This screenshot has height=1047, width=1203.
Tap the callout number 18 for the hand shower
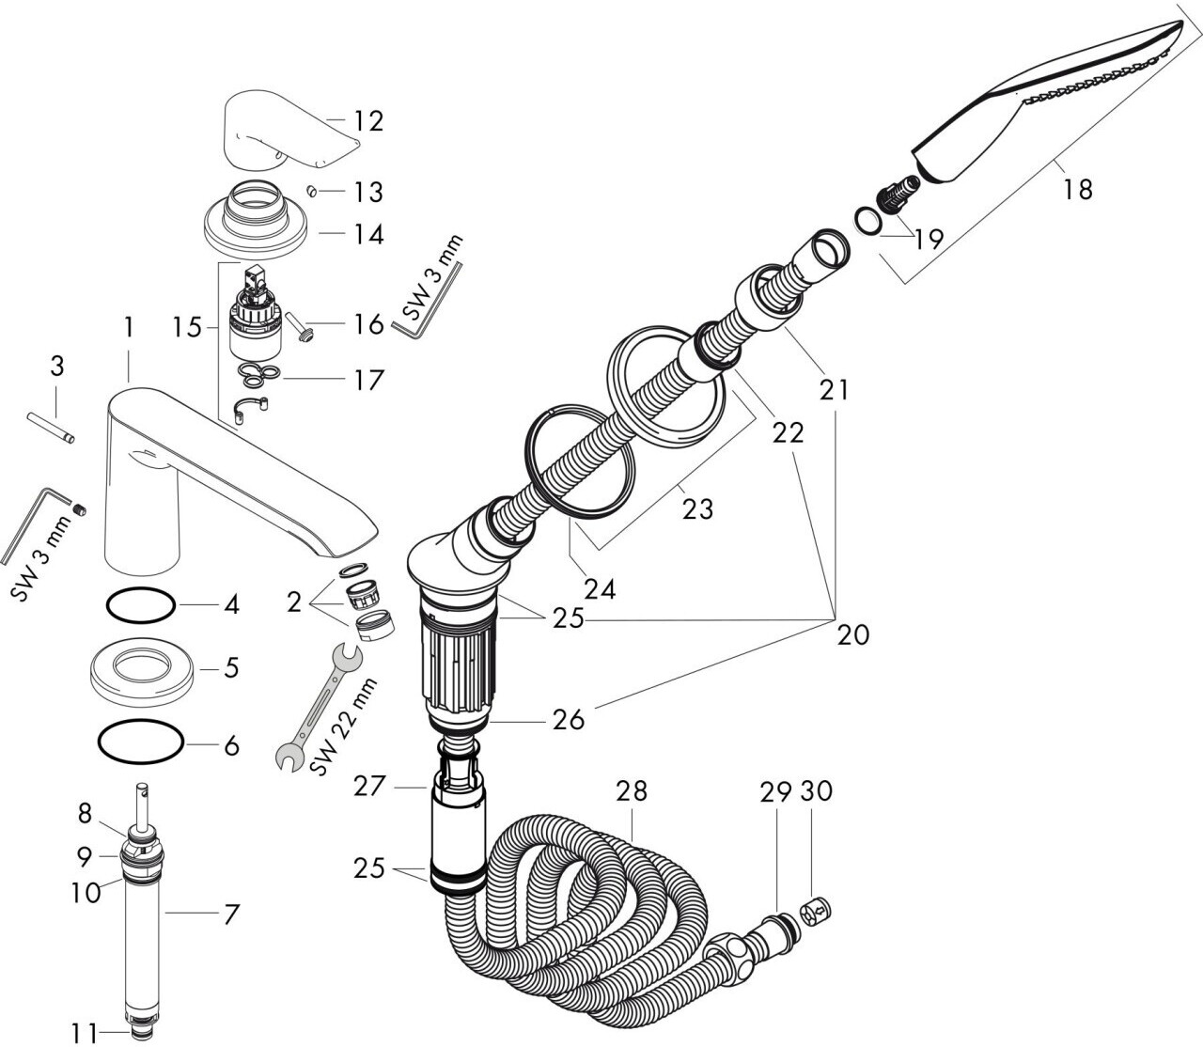pos(1078,189)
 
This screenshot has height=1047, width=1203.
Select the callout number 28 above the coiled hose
pos(632,791)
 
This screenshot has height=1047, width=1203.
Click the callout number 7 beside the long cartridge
pos(229,912)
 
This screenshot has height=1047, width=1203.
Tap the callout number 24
pos(599,589)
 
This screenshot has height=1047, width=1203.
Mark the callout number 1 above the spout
pos(128,327)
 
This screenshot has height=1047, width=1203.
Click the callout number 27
pos(370,786)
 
